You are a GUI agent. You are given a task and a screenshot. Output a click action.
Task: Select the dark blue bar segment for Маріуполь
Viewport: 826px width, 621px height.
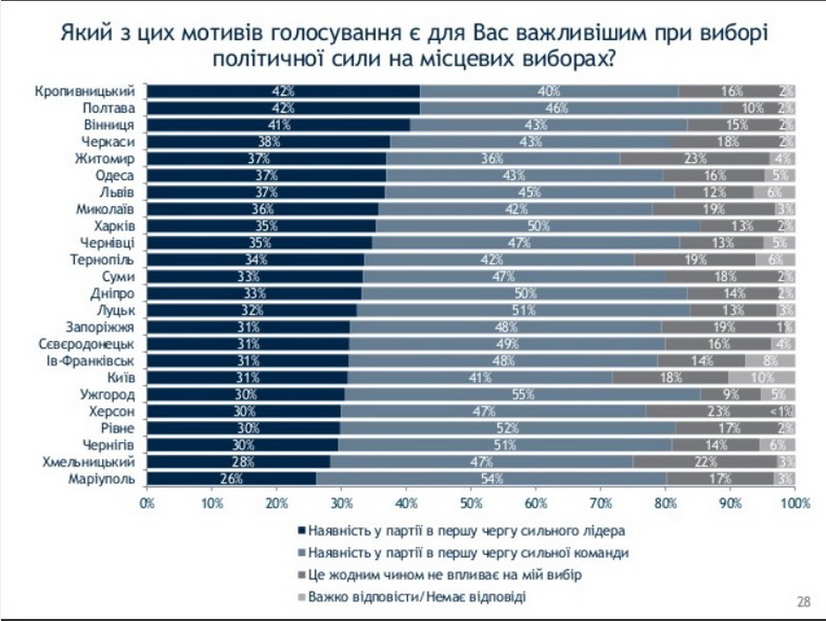231,478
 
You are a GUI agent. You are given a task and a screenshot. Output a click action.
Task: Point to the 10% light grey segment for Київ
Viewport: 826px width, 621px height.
763,377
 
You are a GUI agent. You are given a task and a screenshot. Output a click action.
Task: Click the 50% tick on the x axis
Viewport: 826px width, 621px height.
471,502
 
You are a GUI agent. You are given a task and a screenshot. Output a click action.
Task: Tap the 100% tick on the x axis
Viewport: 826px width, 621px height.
794,502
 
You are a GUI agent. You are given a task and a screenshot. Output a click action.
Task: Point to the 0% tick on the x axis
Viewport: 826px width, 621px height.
148,502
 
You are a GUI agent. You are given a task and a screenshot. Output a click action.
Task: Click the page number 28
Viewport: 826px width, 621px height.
804,601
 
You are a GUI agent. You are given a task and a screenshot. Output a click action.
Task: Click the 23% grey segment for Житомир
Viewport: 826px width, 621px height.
694,158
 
